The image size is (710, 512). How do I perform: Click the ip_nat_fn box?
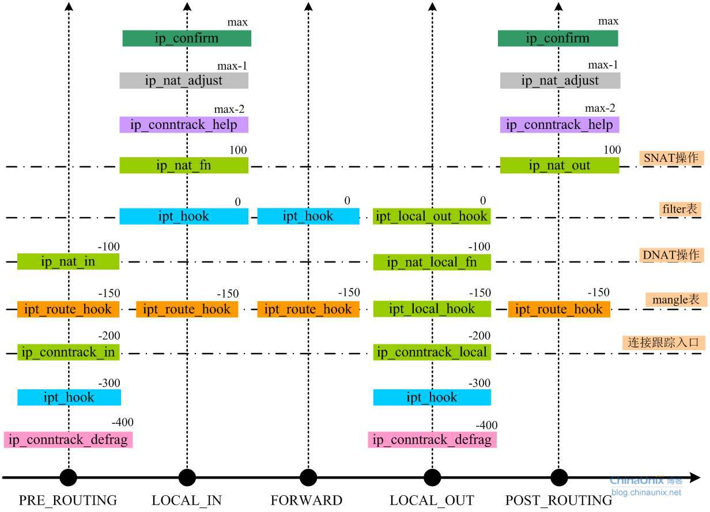[x=184, y=165]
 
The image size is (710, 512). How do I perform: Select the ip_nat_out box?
[x=559, y=165]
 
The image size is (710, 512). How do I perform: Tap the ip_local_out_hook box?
[x=432, y=217]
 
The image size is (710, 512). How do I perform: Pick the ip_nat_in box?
[x=68, y=261]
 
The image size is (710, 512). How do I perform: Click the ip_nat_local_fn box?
[x=432, y=262]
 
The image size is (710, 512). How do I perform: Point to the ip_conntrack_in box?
[x=68, y=352]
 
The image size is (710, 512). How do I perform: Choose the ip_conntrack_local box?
[x=432, y=352]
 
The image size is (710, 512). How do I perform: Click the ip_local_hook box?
[x=432, y=309]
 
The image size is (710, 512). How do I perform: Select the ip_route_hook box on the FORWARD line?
[x=308, y=309]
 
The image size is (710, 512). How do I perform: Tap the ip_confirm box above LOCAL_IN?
[x=187, y=38]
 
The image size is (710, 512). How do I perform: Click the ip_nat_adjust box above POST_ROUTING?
[x=560, y=81]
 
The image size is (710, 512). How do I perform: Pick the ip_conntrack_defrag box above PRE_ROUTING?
[x=68, y=440]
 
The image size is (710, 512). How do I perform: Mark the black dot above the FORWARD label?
[x=308, y=477]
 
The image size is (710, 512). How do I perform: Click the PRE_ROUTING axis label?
[x=67, y=500]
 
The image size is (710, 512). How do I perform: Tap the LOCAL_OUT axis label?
[x=432, y=500]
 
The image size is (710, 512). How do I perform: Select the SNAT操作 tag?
[x=671, y=157]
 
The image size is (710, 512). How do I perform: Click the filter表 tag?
[x=680, y=208]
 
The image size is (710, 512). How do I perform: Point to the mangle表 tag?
[x=675, y=299]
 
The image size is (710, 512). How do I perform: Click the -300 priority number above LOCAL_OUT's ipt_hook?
[x=479, y=383]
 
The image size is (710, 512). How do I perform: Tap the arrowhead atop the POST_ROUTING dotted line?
[x=558, y=6]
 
